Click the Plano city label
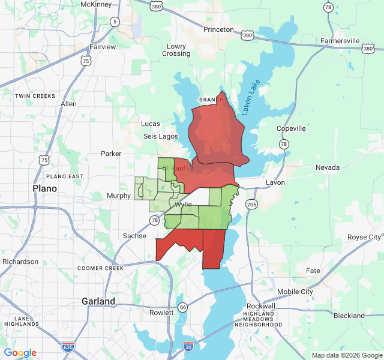click(x=44, y=188)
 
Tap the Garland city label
click(x=98, y=301)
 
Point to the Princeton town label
click(x=218, y=29)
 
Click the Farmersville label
click(x=340, y=41)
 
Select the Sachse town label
click(x=134, y=236)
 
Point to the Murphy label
click(x=118, y=196)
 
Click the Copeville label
click(x=291, y=128)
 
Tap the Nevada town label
click(x=328, y=167)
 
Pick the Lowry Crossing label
click(x=176, y=50)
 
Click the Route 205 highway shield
click(x=251, y=205)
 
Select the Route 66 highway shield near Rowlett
click(x=183, y=307)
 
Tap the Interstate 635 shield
click(x=68, y=347)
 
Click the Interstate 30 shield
click(x=188, y=347)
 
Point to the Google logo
click(x=20, y=353)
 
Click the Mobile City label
click(x=295, y=292)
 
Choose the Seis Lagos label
click(x=161, y=136)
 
